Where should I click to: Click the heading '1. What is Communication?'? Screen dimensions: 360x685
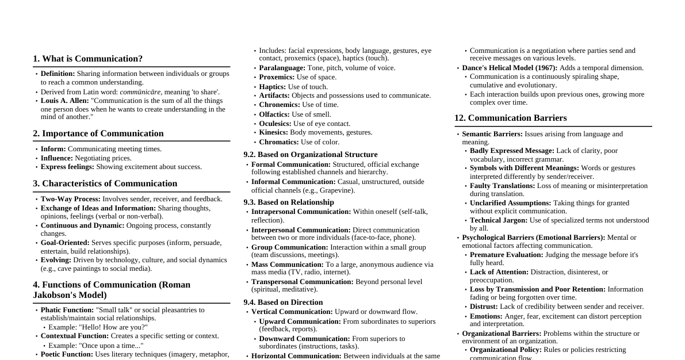[87, 59]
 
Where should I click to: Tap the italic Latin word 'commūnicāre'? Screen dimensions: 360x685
[140, 92]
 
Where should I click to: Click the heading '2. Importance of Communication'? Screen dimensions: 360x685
[98, 133]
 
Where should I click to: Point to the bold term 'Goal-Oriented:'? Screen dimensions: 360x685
[65, 243]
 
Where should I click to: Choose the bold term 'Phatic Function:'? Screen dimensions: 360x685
[67, 310]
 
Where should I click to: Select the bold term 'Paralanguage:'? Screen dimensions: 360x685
[282, 68]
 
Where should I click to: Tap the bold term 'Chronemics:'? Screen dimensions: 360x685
[280, 105]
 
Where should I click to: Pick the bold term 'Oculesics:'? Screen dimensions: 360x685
[275, 124]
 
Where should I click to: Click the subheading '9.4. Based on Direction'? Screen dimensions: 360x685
[283, 302]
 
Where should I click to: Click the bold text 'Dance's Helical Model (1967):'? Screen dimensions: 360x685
[510, 68]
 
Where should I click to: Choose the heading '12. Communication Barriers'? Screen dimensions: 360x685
[510, 118]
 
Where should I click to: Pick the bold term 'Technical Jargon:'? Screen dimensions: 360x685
[498, 220]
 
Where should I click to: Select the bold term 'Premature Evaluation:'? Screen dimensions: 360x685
[506, 255]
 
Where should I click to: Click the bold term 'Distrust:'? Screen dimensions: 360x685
[484, 307]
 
